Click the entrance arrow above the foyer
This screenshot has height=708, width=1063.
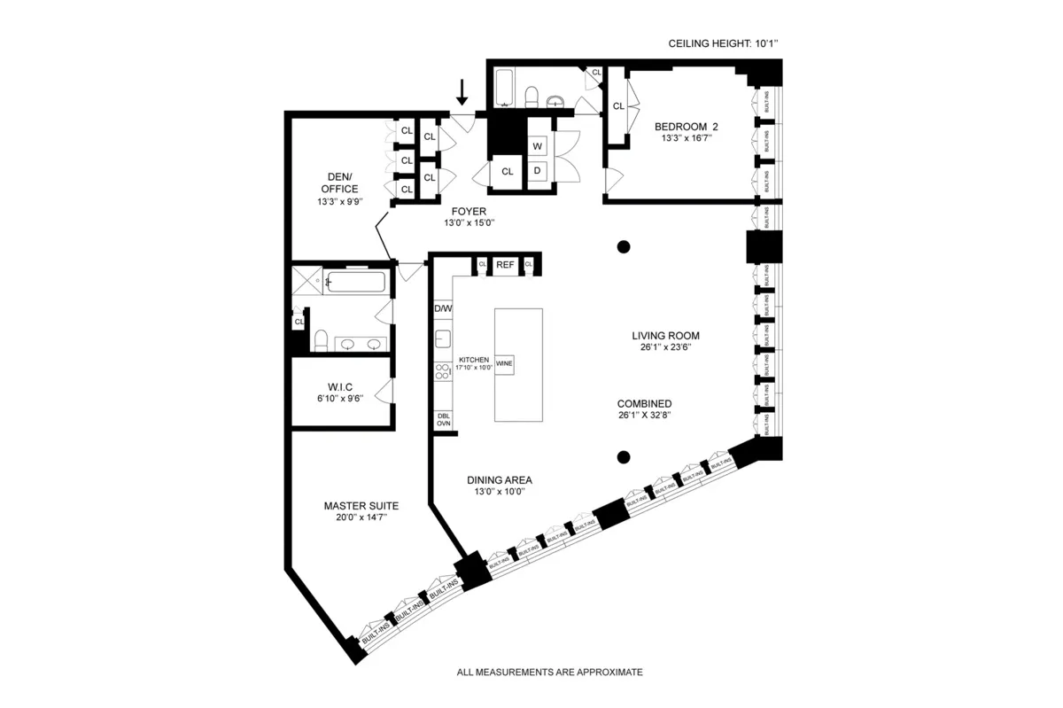click(x=461, y=91)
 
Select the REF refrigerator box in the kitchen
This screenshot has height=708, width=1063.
click(x=505, y=264)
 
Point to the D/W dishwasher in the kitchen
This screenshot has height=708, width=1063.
click(x=443, y=308)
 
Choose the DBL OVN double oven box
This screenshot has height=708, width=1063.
click(x=443, y=420)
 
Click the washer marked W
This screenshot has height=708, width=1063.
click(x=537, y=146)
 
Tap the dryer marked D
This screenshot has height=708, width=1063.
click(x=537, y=170)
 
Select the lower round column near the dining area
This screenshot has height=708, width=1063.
click(x=624, y=457)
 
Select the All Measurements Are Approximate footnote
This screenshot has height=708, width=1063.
click(x=549, y=673)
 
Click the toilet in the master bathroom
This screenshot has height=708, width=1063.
click(x=322, y=340)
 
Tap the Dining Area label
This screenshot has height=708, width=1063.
click(x=500, y=480)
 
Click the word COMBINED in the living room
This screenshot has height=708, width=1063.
click(x=645, y=403)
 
